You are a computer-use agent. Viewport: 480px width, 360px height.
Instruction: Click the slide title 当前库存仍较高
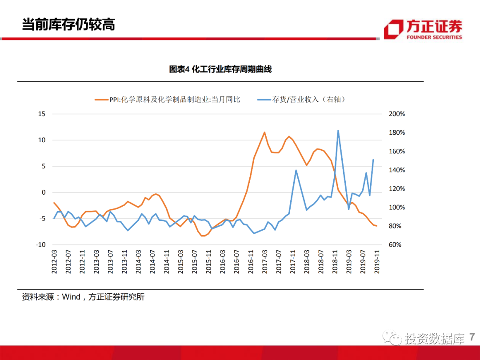pyautogui.click(x=68, y=24)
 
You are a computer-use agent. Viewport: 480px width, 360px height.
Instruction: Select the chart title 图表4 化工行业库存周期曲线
pyautogui.click(x=220, y=69)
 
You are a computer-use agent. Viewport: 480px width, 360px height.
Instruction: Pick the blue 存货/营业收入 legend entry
pyautogui.click(x=302, y=100)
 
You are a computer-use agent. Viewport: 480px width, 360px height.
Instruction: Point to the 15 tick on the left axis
pyautogui.click(x=42, y=114)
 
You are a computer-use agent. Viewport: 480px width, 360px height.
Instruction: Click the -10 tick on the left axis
pyautogui.click(x=40, y=245)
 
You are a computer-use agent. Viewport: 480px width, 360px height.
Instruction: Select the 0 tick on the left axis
pyautogui.click(x=44, y=192)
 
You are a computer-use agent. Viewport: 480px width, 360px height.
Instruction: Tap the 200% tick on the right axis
pyautogui.click(x=396, y=114)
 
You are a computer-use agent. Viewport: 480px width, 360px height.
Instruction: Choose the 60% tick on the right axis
pyautogui.click(x=395, y=245)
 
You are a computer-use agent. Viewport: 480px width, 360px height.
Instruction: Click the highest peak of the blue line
pyautogui.click(x=338, y=130)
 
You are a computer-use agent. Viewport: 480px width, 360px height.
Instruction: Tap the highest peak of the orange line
pyautogui.click(x=264, y=132)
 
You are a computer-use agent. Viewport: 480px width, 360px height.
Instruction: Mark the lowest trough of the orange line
pyautogui.click(x=203, y=236)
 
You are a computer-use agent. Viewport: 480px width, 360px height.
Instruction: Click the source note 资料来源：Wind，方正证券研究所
pyautogui.click(x=84, y=297)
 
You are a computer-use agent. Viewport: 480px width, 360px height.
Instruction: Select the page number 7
pyautogui.click(x=472, y=337)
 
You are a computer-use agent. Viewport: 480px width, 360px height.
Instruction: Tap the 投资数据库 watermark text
pyautogui.click(x=435, y=339)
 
